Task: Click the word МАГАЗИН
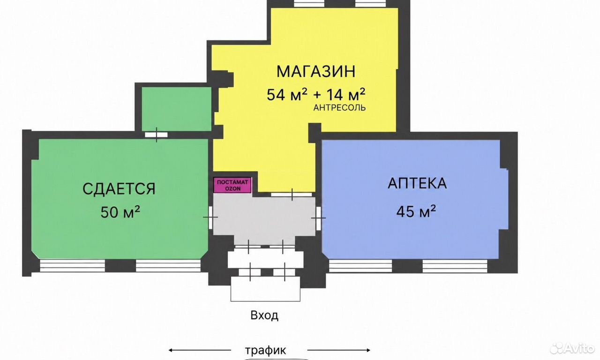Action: (316, 72)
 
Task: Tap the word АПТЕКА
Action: (417, 183)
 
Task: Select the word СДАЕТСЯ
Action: (119, 189)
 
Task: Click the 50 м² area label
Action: (120, 212)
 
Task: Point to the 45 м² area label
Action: (416, 211)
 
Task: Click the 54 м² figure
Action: (287, 94)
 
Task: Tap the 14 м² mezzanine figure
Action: (345, 94)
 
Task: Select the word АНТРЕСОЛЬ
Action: (339, 108)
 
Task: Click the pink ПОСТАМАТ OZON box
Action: (232, 185)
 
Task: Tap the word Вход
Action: (264, 315)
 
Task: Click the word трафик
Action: (265, 350)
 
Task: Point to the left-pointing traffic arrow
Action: (200, 350)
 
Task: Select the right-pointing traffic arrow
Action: (339, 350)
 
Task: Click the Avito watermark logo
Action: (571, 348)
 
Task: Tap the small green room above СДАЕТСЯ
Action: (177, 109)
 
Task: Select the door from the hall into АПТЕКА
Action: (318, 218)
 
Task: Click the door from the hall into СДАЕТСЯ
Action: (211, 217)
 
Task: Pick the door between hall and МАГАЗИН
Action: (292, 195)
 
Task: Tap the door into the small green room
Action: (157, 135)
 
